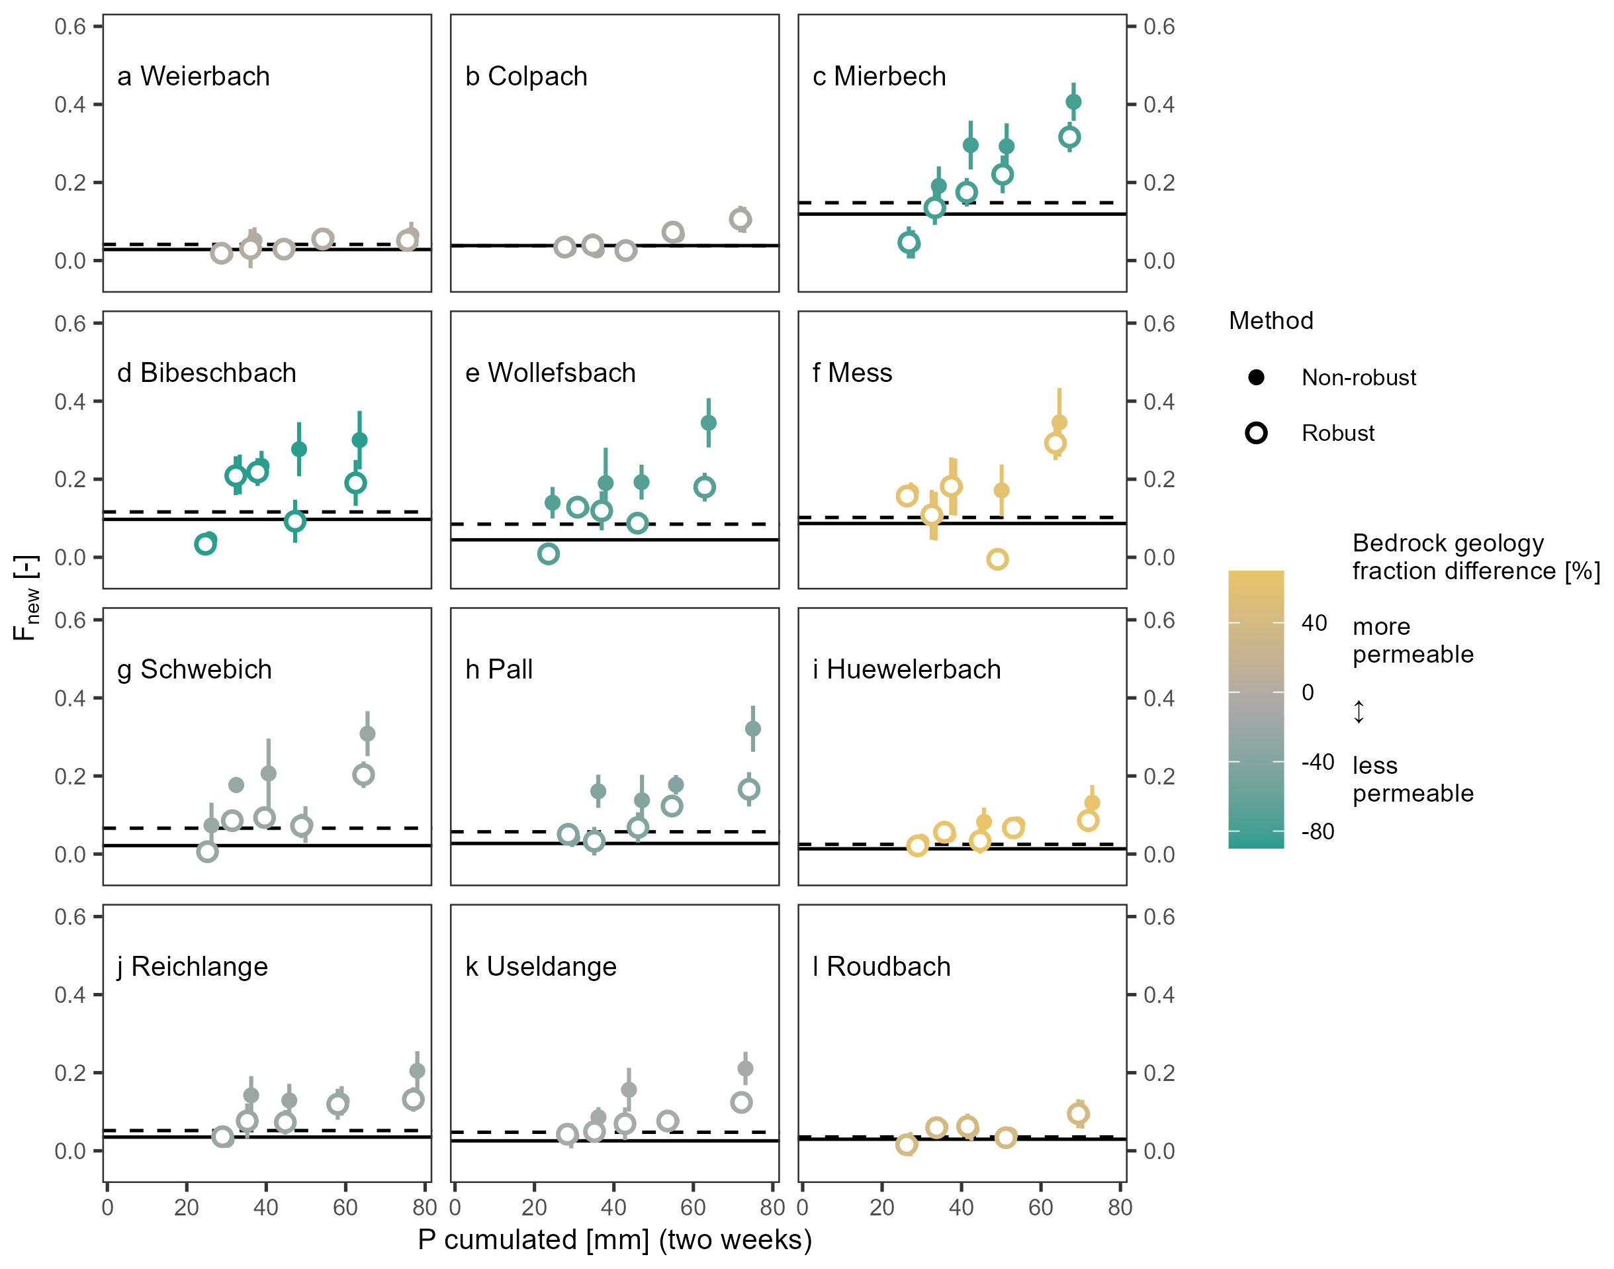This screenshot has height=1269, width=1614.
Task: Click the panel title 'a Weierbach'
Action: click(193, 77)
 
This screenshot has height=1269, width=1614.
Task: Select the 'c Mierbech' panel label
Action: click(879, 77)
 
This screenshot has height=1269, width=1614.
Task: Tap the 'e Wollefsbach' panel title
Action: click(550, 373)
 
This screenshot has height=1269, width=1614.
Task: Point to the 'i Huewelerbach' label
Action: click(906, 669)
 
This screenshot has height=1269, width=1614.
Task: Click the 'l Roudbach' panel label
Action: click(881, 966)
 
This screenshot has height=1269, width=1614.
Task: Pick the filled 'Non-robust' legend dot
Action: click(1256, 377)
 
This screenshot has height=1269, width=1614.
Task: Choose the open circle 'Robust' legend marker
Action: click(1256, 433)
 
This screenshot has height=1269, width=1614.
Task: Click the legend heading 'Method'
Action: click(1271, 321)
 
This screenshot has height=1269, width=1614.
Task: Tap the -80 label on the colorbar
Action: click(1318, 831)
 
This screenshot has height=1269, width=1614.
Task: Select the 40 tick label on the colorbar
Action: click(1314, 624)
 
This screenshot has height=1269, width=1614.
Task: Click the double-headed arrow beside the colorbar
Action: click(1359, 712)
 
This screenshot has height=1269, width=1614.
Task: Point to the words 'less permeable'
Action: click(1413, 779)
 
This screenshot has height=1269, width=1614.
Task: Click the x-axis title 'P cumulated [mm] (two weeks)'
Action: click(614, 1240)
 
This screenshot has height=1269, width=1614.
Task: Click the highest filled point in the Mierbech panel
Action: click(1073, 102)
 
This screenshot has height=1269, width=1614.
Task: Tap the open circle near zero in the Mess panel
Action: click(997, 559)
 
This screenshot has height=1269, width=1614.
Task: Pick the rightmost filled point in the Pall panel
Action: click(752, 729)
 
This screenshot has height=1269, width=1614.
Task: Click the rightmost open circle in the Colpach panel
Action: click(740, 219)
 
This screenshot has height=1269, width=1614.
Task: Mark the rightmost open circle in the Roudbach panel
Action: click(1079, 1113)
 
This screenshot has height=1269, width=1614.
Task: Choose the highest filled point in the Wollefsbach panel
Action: click(709, 423)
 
